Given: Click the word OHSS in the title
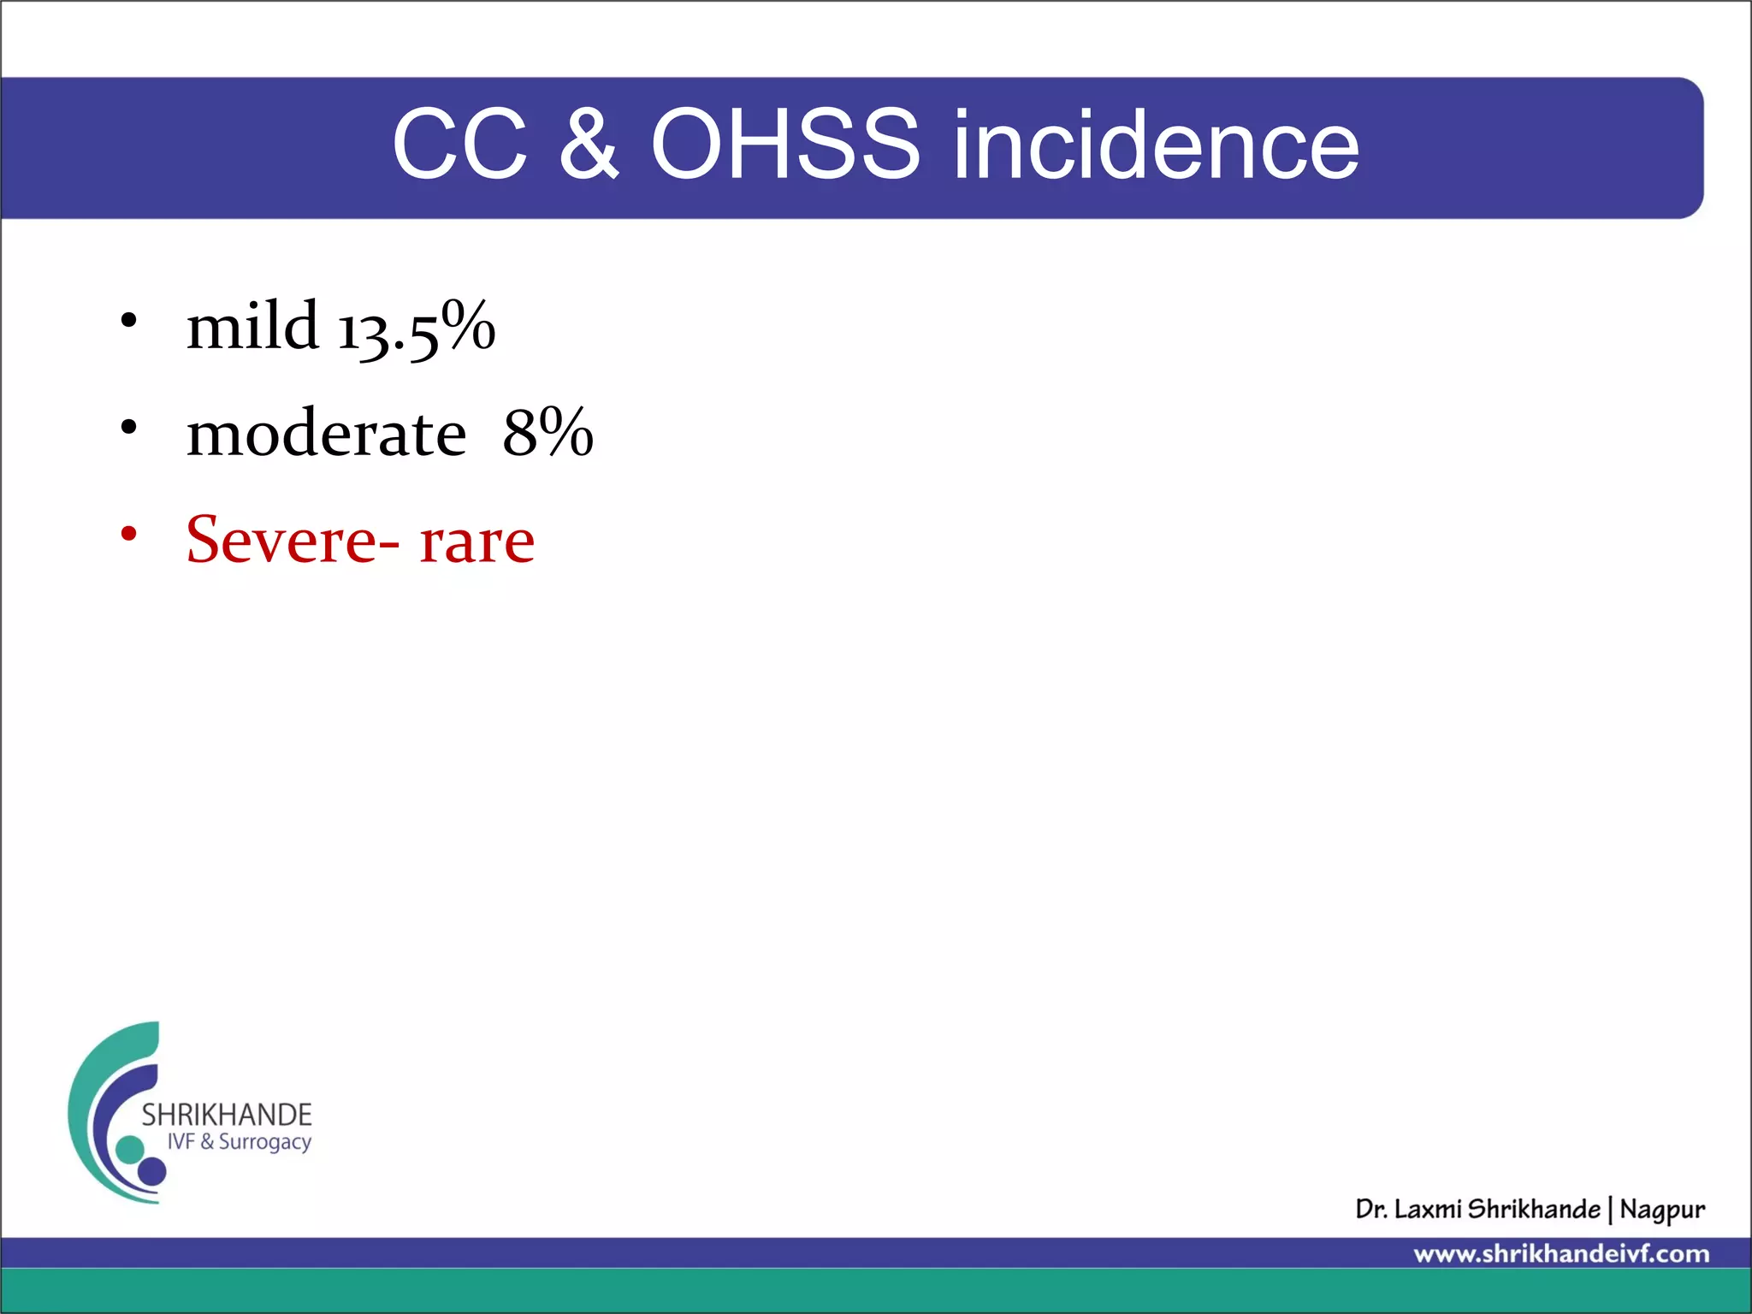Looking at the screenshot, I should tap(785, 144).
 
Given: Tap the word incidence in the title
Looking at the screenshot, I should tap(1156, 144).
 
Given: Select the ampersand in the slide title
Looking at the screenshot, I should tap(589, 144).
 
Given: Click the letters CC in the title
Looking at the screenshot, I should tap(459, 144).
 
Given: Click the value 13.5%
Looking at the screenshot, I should tap(417, 328).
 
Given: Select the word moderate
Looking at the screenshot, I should tap(326, 433).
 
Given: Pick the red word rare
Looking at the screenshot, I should tap(476, 542).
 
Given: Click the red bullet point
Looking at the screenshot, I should tap(128, 535).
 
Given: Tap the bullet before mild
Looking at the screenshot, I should tap(128, 321).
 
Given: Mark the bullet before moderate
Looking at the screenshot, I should tap(128, 427).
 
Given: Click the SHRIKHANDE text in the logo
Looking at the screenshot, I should tap(226, 1115).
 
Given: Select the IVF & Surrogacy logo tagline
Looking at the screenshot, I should tap(239, 1142).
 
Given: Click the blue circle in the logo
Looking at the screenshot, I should tap(152, 1170).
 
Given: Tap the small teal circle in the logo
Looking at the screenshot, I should tap(130, 1149).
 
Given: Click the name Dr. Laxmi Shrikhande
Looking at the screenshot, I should tap(1477, 1209).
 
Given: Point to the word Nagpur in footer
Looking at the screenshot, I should tap(1662, 1210).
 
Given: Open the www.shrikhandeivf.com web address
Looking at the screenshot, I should tap(1561, 1254).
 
